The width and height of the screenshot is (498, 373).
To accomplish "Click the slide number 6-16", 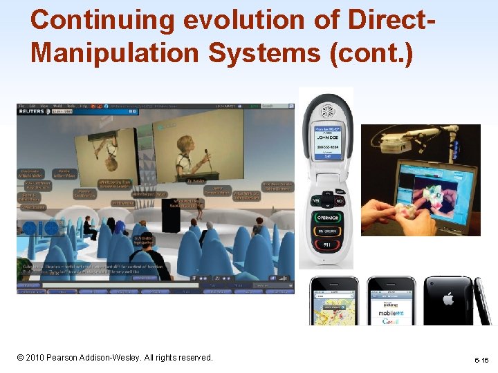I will (x=481, y=361).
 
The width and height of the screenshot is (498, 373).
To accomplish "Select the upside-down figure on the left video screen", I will (x=113, y=149).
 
